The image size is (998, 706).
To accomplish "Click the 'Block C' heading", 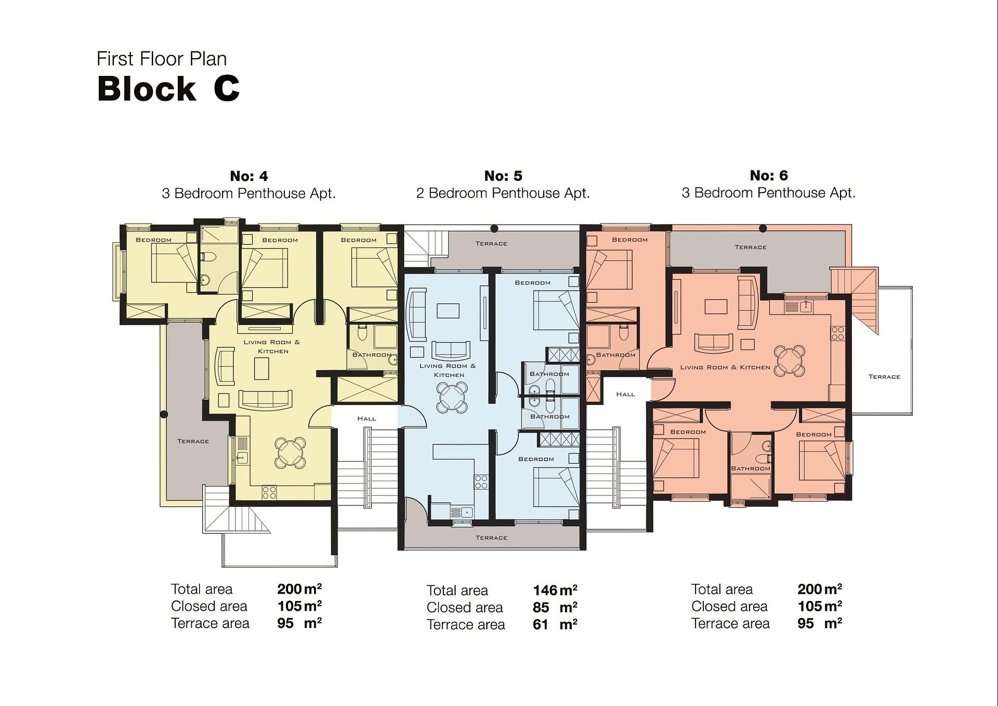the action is pos(168,88).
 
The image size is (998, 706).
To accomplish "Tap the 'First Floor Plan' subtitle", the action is pos(162,59).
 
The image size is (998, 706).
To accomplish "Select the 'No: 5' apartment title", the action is pos(503,176).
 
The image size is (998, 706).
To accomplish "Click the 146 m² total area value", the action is pos(555,590).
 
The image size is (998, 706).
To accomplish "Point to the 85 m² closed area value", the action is pos(555,607).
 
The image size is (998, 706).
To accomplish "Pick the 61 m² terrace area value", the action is pos(555,624).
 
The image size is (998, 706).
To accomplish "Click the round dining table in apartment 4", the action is pos(290,452).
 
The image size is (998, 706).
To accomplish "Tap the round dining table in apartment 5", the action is pos(451,398).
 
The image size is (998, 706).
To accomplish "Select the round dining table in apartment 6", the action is pos(790,360).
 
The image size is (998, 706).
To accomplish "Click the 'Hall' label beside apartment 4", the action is pos(366,419).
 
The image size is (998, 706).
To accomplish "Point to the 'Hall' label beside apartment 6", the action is pos(625,394).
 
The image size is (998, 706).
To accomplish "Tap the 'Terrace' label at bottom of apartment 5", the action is pos(491,538).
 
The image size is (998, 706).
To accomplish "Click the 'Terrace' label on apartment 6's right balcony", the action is pos(884,376).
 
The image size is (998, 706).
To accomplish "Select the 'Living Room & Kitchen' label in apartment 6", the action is pos(725,367).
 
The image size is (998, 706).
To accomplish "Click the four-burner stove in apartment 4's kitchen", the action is pos(269,492).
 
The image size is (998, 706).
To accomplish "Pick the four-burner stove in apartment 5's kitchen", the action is pos(481,482).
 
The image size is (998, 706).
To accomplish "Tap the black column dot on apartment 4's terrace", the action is pos(164,414).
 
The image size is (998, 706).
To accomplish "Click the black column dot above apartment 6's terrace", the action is pos(763,228).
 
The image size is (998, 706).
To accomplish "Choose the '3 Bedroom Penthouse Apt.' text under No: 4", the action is pos(248,193).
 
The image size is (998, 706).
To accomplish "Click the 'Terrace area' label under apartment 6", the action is pos(730,623).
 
